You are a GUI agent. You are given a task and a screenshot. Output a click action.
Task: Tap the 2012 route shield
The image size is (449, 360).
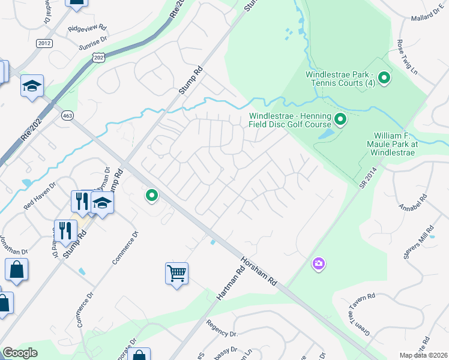pyautogui.click(x=44, y=43)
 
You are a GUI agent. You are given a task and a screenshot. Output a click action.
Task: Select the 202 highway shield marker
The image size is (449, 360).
pyautogui.click(x=98, y=56)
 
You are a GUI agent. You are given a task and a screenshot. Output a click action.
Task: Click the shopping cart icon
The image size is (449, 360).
pyautogui.click(x=177, y=274)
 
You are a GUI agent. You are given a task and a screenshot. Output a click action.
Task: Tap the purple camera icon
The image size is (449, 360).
pyautogui.click(x=318, y=263)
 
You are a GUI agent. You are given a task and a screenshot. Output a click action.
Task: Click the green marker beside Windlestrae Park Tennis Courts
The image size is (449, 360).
pyautogui.click(x=384, y=78)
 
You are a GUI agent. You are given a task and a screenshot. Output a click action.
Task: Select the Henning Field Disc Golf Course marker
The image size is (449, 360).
pyautogui.click(x=340, y=120)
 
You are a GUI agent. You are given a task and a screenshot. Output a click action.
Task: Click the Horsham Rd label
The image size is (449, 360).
pyautogui.click(x=257, y=272)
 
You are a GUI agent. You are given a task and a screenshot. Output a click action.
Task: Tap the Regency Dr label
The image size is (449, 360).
pyautogui.click(x=222, y=328)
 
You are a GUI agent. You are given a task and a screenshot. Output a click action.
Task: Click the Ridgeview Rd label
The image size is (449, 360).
pyautogui.click(x=87, y=28)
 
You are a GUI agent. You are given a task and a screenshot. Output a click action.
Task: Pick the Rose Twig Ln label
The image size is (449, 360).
pyautogui.click(x=408, y=57)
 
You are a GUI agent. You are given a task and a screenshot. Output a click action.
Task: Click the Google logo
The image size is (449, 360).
pyautogui.click(x=20, y=353)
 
